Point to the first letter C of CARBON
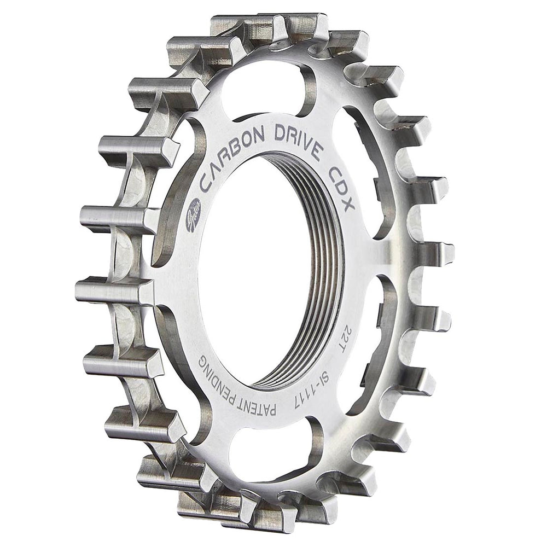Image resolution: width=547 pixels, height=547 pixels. tap(207, 183)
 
